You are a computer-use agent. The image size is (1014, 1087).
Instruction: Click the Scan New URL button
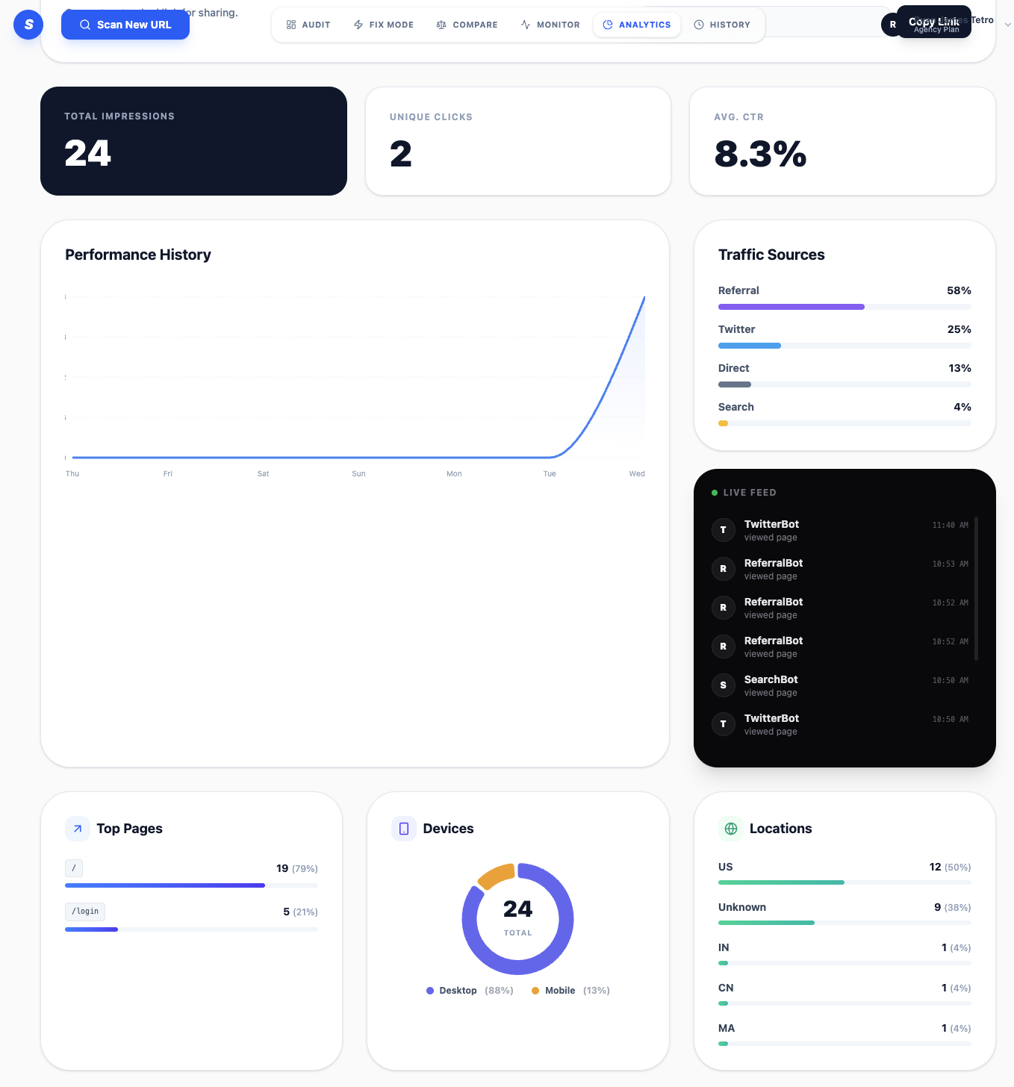click(125, 25)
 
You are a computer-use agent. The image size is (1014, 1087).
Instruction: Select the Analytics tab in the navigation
click(637, 25)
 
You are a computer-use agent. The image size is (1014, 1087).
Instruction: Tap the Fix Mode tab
click(383, 25)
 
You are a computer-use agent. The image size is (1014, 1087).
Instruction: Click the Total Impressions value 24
click(87, 154)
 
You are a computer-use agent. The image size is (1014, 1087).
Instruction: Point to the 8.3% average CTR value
click(760, 155)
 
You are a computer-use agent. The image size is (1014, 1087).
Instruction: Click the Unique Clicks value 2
click(401, 155)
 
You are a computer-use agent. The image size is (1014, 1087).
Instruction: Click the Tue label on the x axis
click(550, 474)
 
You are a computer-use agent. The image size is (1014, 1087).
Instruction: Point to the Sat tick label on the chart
click(263, 474)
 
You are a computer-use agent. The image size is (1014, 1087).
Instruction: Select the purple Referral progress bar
click(791, 307)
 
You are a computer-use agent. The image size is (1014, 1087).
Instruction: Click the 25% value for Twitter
click(959, 329)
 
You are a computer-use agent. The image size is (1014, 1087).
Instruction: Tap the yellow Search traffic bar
click(723, 423)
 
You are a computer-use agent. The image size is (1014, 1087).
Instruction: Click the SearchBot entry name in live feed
click(771, 679)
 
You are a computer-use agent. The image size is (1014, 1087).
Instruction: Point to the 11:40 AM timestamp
click(950, 526)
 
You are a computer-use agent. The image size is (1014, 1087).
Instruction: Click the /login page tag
click(85, 912)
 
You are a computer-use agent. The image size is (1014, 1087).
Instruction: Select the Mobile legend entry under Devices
click(559, 991)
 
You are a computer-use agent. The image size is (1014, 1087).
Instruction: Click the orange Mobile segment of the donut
click(495, 875)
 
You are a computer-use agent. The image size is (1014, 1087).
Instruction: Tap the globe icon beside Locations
click(731, 829)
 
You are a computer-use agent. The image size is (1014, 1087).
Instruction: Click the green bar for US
click(781, 882)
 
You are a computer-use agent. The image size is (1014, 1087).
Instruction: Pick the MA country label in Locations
click(727, 1028)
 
